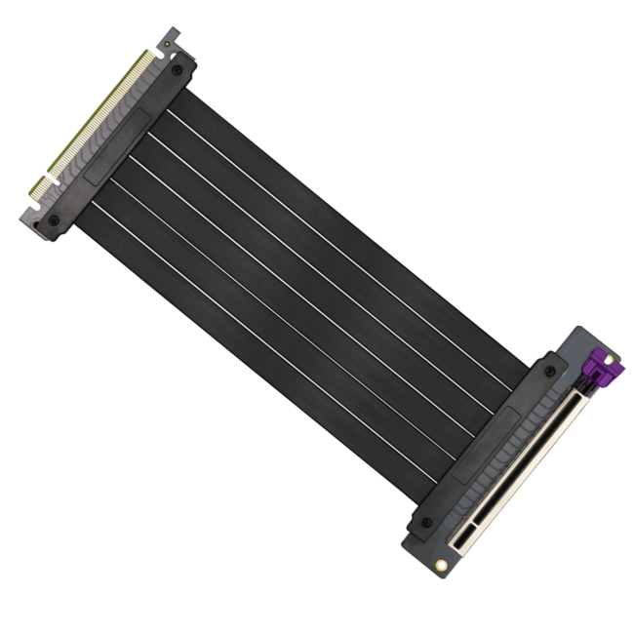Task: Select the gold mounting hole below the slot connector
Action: point(442,565)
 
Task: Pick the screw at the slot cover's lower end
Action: point(422,524)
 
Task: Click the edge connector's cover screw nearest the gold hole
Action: point(176,70)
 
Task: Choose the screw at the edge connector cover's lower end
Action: point(54,220)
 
